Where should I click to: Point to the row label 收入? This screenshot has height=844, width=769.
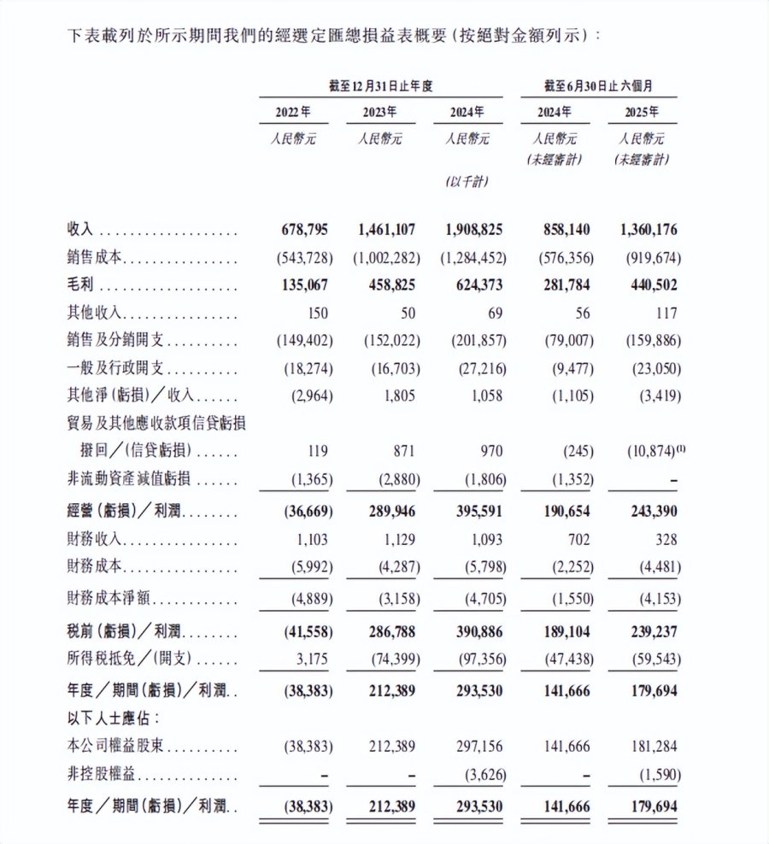[x=79, y=231]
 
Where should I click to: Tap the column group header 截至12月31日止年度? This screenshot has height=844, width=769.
[x=380, y=86]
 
